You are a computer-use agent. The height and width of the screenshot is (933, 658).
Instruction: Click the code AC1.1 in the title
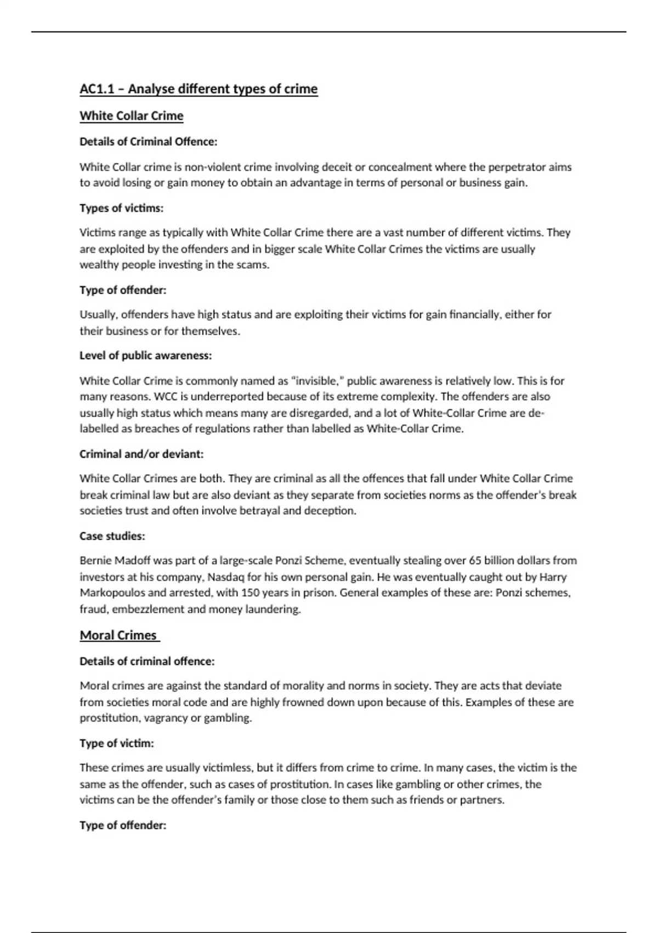(x=97, y=89)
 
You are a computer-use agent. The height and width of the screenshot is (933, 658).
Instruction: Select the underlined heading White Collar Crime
(x=132, y=116)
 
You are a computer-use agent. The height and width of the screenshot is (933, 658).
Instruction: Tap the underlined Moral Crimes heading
(x=118, y=635)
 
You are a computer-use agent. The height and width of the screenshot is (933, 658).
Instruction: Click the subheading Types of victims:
(x=121, y=208)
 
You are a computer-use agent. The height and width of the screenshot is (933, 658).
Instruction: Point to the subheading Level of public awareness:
(x=145, y=356)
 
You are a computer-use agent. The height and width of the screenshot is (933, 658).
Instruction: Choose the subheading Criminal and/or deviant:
(x=141, y=454)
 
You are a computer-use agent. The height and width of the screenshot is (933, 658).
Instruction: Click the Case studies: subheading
(x=112, y=536)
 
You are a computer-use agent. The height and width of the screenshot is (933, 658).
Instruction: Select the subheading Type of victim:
(x=117, y=743)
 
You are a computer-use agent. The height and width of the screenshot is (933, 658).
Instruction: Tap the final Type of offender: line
(x=123, y=825)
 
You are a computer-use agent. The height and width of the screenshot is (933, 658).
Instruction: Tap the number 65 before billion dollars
(x=475, y=560)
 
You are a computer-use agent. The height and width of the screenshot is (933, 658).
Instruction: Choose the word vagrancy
(x=166, y=718)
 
